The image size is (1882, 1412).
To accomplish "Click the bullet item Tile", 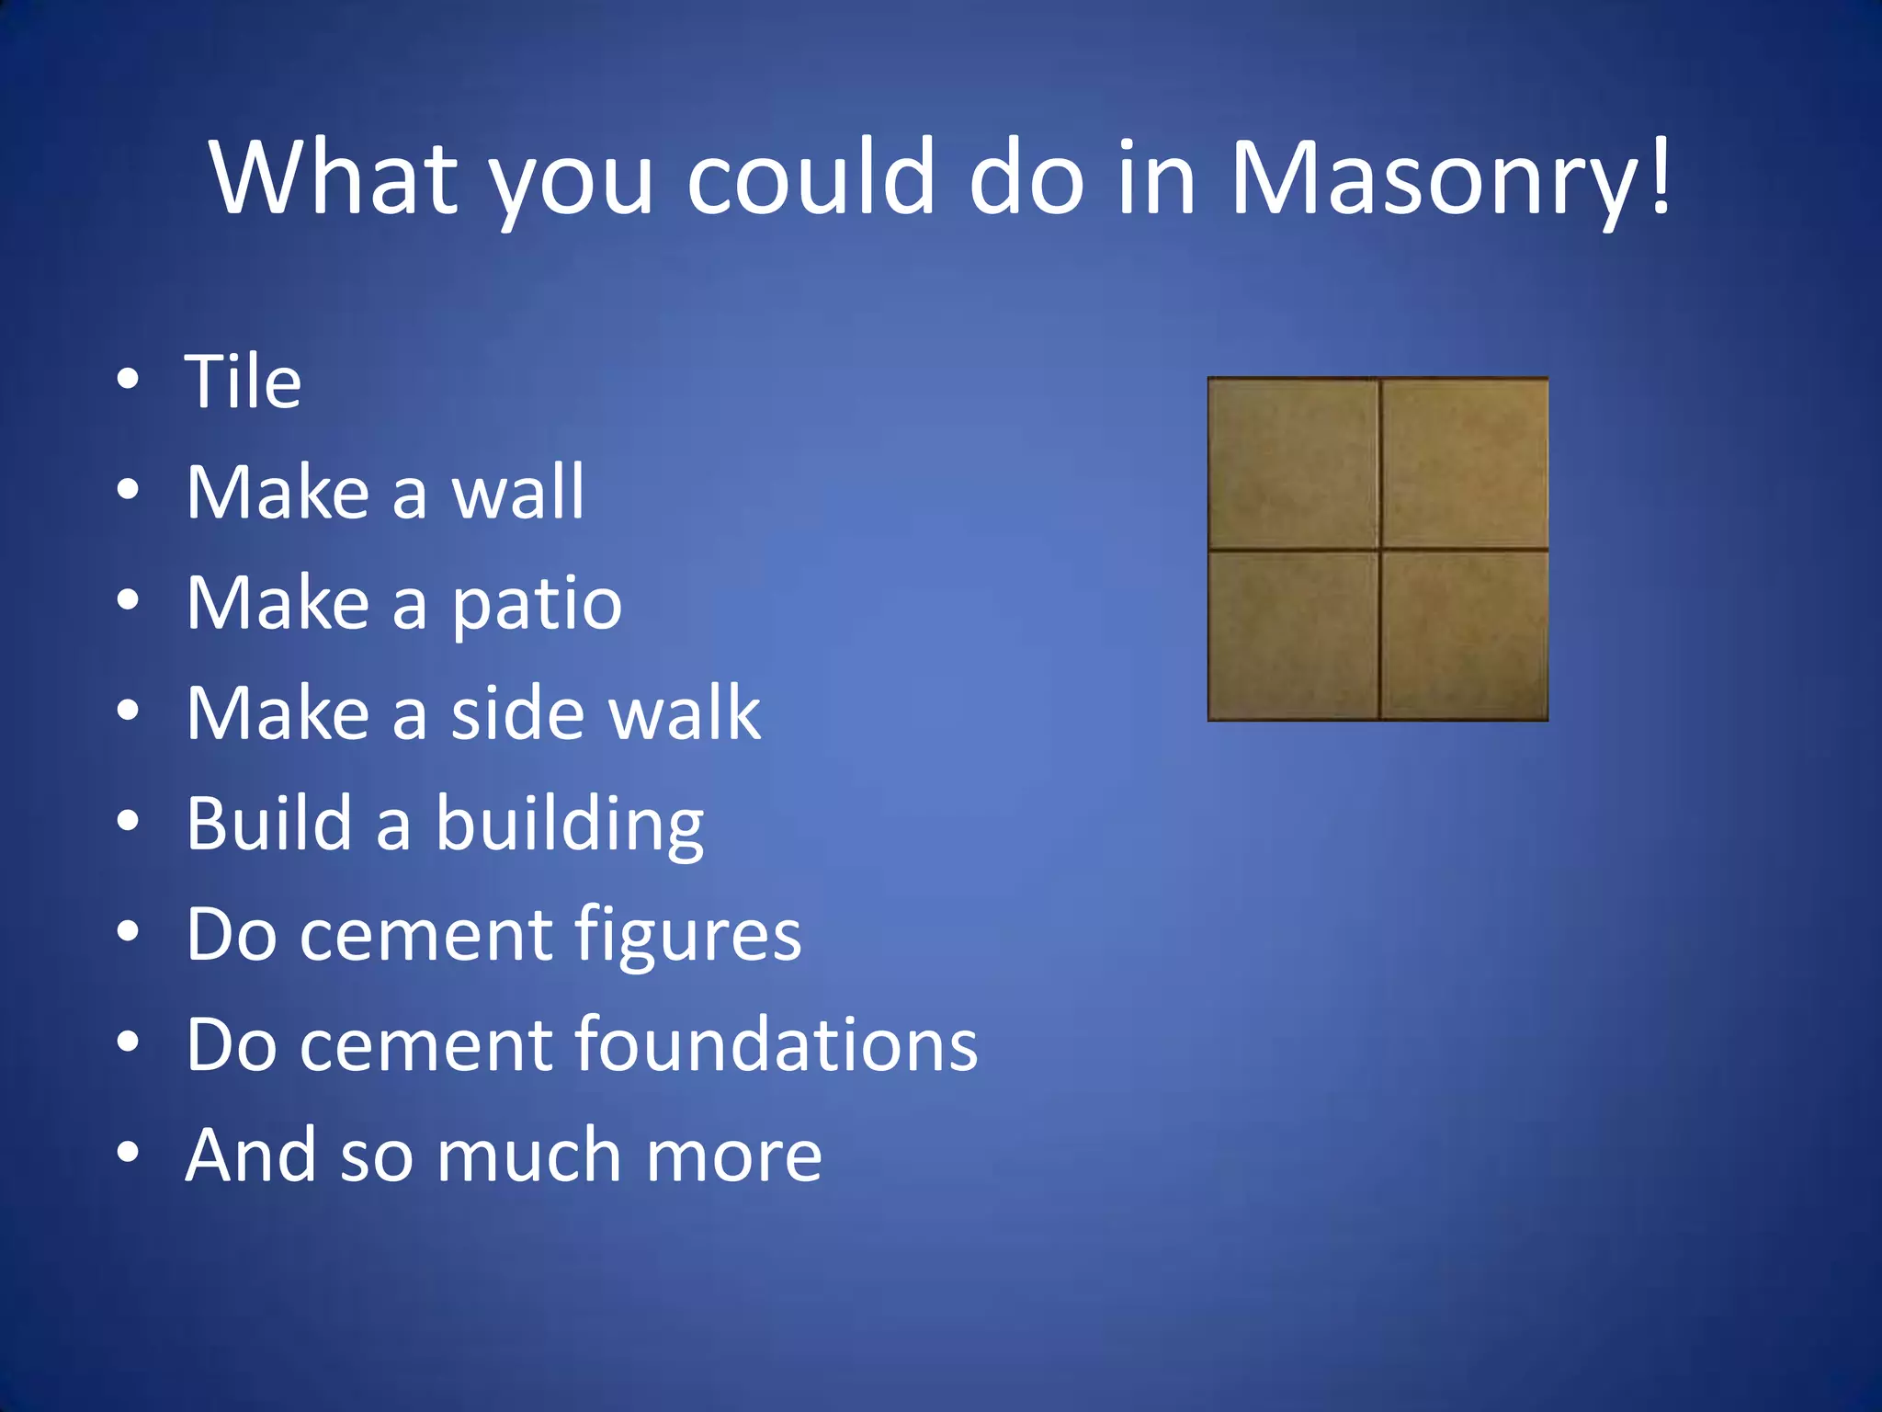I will (x=244, y=381).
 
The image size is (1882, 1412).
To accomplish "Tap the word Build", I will (x=269, y=823).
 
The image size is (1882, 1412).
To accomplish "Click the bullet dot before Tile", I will (x=128, y=379).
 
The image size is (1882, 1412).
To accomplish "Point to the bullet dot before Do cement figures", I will (x=128, y=931).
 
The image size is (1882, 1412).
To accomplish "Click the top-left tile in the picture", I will (x=1293, y=462).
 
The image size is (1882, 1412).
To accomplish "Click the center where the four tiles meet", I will (x=1379, y=550).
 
